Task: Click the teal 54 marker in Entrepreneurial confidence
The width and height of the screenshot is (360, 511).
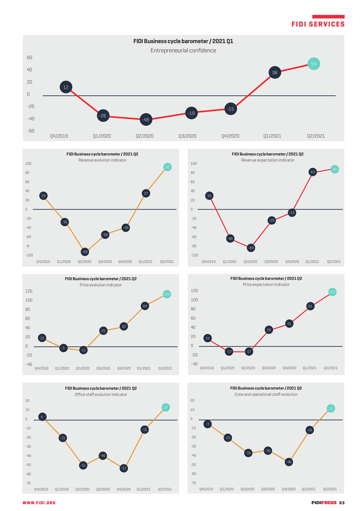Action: click(x=314, y=64)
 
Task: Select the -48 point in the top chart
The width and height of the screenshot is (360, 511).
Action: click(x=146, y=120)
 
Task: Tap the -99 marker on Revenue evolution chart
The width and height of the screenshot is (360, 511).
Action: click(x=85, y=252)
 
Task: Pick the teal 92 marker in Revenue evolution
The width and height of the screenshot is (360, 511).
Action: click(x=168, y=167)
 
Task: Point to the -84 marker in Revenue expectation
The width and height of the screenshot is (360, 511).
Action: click(x=250, y=248)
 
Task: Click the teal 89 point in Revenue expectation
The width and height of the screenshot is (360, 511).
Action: click(x=335, y=170)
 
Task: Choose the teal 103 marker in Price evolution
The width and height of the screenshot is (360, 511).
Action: click(x=167, y=294)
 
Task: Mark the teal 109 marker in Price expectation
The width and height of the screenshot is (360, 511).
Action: click(x=332, y=292)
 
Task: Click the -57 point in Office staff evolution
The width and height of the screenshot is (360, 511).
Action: click(x=124, y=468)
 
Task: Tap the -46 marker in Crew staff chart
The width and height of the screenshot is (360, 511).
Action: click(x=289, y=462)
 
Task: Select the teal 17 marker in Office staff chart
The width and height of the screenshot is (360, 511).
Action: click(x=166, y=407)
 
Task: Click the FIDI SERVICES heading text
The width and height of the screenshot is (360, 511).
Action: click(x=318, y=24)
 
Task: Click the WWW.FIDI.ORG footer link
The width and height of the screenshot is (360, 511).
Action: click(x=39, y=503)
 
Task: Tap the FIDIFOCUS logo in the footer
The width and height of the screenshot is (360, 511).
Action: click(x=324, y=503)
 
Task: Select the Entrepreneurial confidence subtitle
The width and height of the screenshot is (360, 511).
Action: click(x=183, y=51)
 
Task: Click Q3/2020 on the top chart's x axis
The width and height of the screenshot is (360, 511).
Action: click(x=187, y=136)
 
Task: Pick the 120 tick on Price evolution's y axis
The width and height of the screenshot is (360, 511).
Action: click(x=29, y=291)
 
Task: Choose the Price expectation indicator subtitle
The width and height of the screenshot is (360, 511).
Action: click(x=266, y=285)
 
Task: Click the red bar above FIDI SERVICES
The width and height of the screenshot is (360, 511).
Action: click(x=328, y=17)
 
